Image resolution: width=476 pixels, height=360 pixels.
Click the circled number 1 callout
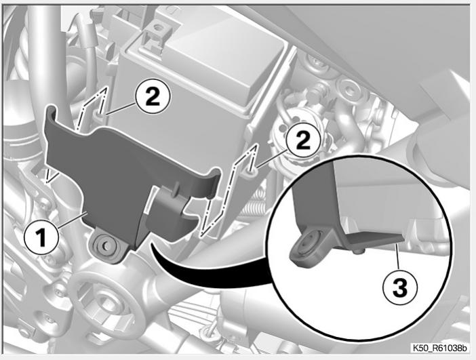tap(41, 238)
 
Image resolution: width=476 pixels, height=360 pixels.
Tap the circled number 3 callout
tap(400, 287)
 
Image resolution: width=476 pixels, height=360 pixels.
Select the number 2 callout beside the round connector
tap(303, 142)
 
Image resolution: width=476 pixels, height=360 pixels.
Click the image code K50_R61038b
tap(439, 348)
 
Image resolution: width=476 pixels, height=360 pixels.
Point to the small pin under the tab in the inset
tap(358, 251)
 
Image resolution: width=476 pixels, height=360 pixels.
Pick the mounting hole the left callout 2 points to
tap(101, 115)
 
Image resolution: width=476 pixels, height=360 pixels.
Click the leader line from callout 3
tap(397, 256)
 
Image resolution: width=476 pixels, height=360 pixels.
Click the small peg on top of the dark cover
tap(175, 189)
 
